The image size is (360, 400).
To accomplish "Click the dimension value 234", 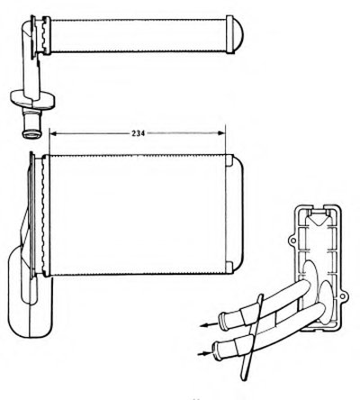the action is coord(138,133).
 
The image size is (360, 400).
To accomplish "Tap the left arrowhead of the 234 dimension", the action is coord(53,133).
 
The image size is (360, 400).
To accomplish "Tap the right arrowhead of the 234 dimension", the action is coord(221,133).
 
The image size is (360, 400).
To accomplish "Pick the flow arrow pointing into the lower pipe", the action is coord(204,353).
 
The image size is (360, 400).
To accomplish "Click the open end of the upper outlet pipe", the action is coord(222,321).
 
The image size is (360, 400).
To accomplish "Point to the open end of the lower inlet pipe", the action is coord(215,350).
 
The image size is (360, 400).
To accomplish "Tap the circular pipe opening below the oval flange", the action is coord(31,133).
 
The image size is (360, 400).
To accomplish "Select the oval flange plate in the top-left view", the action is coord(32,99).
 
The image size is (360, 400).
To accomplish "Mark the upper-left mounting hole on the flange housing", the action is coord(292,241).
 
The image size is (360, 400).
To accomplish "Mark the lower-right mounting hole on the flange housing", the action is coord(343,295).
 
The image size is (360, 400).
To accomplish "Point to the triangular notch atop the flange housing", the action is coord(317,220).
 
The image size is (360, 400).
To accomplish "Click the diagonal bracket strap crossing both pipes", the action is coord(251,337).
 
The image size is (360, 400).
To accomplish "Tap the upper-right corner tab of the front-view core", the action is coord(229,160).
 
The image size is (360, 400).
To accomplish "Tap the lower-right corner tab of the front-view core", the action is coord(229,268).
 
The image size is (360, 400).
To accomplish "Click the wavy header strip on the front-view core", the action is coord(45,215).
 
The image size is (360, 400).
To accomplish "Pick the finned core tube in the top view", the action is coord(138,35).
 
